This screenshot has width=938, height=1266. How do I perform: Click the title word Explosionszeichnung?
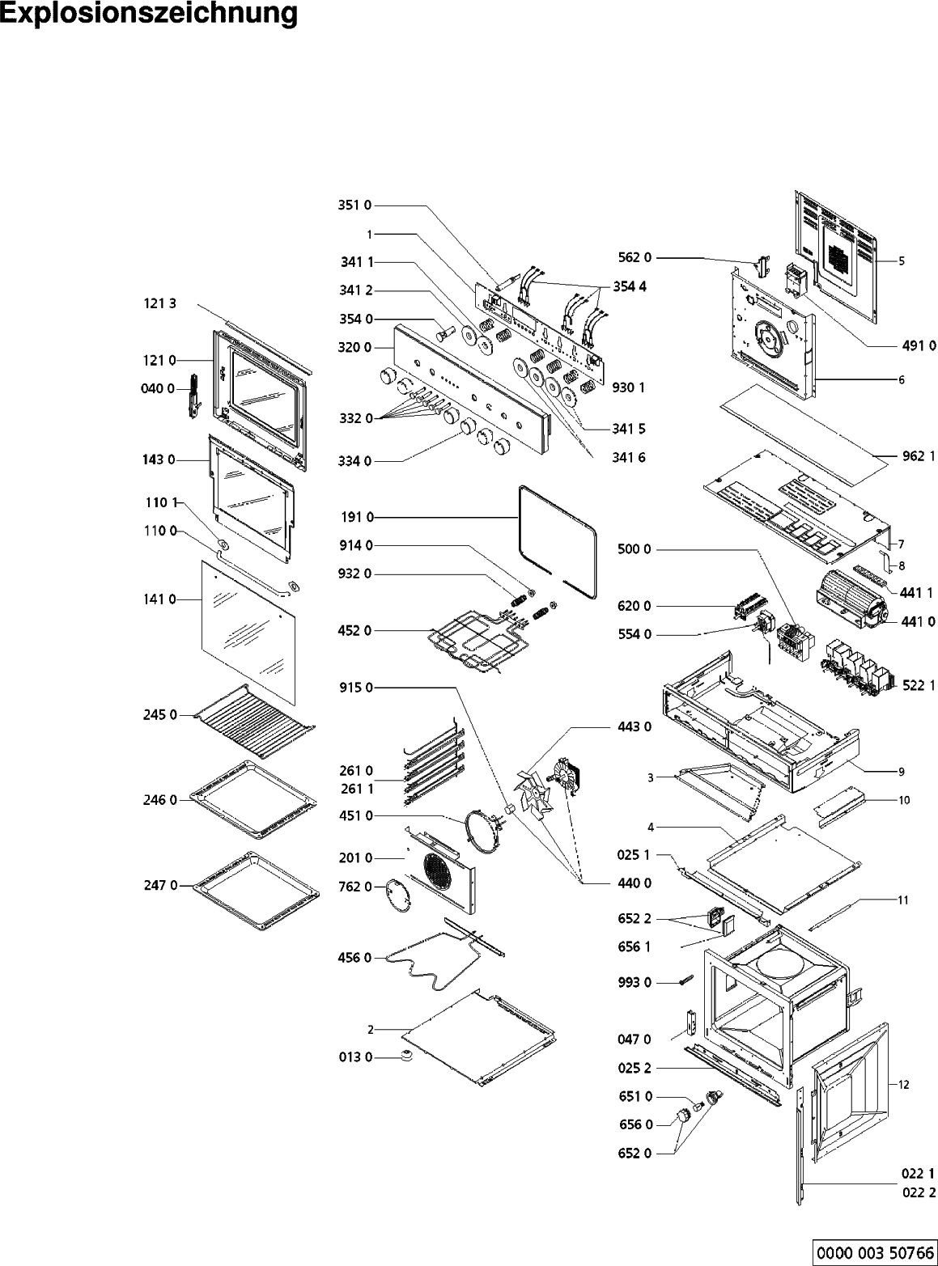[149, 14]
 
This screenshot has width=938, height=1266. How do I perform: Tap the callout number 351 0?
[354, 205]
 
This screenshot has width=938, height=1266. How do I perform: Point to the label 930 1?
[629, 387]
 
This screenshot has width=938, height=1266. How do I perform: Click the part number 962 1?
[919, 455]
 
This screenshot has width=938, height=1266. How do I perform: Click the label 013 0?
[355, 1056]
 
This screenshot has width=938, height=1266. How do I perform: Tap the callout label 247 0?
[161, 886]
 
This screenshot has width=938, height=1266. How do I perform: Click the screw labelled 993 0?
[686, 981]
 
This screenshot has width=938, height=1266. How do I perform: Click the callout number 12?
[904, 1083]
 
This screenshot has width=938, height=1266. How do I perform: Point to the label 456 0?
[355, 958]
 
